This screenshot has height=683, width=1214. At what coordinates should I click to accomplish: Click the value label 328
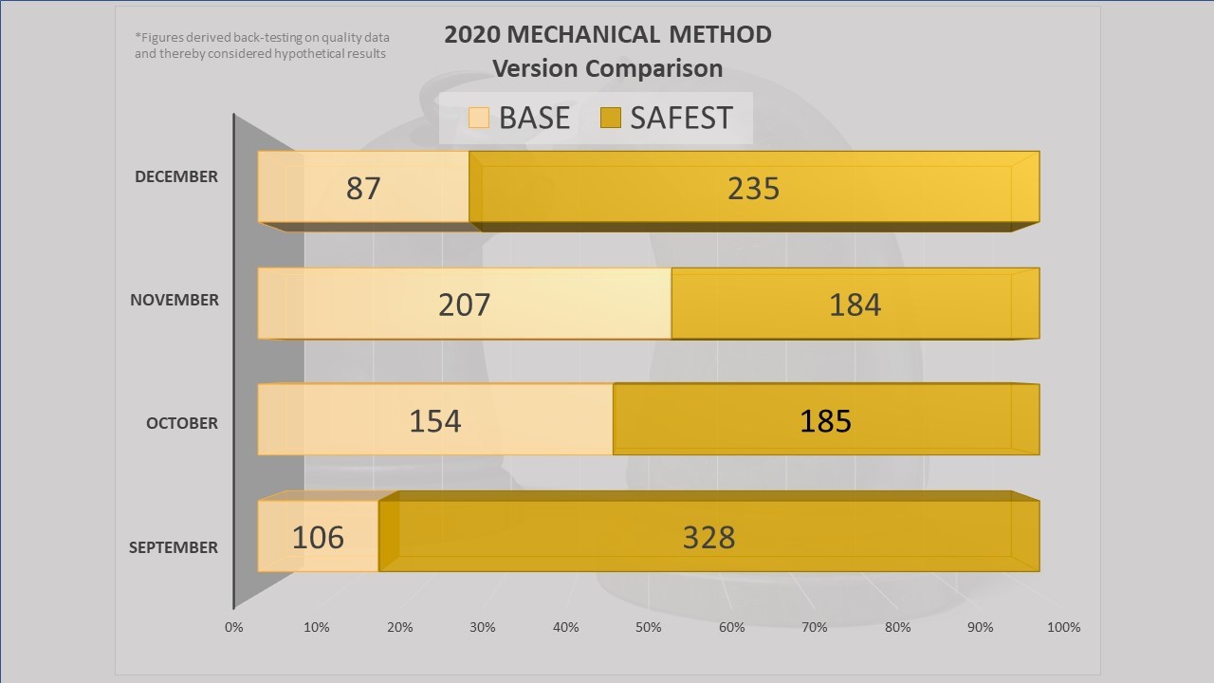(708, 537)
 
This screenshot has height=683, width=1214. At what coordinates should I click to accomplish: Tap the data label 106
(318, 537)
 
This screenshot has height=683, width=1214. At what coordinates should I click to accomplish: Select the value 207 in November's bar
(465, 305)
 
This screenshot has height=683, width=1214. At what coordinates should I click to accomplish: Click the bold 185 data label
(825, 420)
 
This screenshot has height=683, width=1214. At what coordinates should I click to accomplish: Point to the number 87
(363, 188)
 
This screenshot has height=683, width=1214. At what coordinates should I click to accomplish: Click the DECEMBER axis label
(176, 176)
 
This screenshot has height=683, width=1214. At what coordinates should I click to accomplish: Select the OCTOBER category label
(182, 423)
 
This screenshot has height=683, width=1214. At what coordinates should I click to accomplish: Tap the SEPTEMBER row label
(174, 547)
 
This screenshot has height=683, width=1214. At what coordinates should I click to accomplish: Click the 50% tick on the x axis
(649, 627)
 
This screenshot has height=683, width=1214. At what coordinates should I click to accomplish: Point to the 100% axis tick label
(1064, 627)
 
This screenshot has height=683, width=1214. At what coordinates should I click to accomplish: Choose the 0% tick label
(233, 627)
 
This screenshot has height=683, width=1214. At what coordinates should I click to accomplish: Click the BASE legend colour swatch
(479, 118)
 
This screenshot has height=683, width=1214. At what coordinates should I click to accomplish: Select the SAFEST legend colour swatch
(611, 118)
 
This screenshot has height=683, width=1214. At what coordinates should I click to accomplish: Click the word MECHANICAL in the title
(585, 35)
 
